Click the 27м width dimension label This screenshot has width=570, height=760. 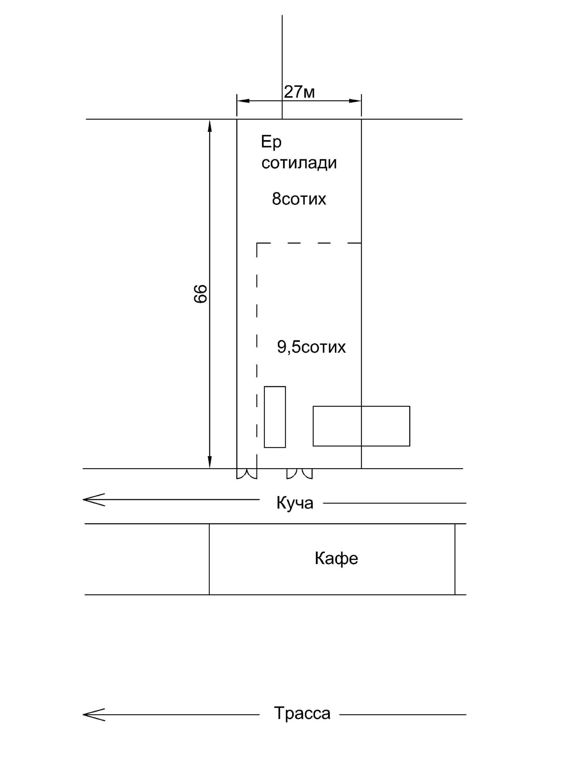coord(299,92)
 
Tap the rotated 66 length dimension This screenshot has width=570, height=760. coord(200,294)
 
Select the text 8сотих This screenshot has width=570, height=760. coord(299,199)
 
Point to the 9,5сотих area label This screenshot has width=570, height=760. coord(311,347)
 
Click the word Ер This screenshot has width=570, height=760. coord(271,143)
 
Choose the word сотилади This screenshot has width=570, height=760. coord(299,163)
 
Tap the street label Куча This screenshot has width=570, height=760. coord(295,503)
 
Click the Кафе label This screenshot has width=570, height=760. coord(336,558)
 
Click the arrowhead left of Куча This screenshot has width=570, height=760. coord(94,500)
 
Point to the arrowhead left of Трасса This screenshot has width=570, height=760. coord(94,714)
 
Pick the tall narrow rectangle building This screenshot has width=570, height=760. coord(275,417)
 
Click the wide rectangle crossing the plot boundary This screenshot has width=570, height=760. coord(361,426)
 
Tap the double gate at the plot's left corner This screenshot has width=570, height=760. coord(247,474)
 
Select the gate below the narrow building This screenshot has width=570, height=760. coord(300,474)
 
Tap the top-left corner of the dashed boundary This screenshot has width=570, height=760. coord(257,243)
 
